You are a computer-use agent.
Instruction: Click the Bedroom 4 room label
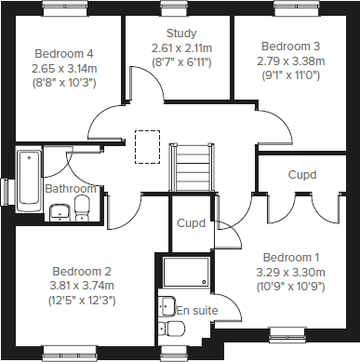64,53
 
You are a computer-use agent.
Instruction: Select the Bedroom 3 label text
290,46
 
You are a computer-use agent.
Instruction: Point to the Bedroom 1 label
291,257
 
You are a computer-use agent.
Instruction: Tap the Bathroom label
65,189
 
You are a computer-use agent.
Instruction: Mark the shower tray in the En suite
188,273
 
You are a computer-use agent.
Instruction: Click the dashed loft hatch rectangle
146,145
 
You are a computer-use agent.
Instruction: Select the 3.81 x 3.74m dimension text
81,285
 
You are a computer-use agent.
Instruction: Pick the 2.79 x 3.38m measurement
290,60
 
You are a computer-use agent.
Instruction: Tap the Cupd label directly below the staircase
192,224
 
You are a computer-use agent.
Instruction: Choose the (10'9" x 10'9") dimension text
291,287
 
